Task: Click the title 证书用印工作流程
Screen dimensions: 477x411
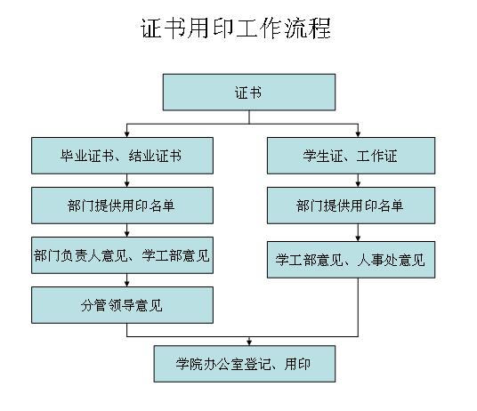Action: click(x=236, y=28)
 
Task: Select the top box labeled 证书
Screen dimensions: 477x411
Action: click(x=249, y=93)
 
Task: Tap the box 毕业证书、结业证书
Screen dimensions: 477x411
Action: click(x=122, y=156)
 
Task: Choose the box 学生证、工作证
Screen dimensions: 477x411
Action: click(x=351, y=156)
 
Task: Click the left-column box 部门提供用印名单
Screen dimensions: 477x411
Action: click(x=122, y=205)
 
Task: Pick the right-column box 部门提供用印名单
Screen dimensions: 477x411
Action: click(x=351, y=205)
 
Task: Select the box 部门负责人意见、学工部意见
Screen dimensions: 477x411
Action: click(x=122, y=255)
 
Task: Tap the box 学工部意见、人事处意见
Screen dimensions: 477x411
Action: click(x=351, y=260)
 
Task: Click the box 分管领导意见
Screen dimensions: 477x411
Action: click(x=122, y=305)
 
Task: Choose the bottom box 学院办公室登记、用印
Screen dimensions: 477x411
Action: click(x=245, y=364)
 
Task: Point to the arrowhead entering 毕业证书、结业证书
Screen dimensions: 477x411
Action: click(x=127, y=134)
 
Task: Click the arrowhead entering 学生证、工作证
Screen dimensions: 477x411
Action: click(x=358, y=134)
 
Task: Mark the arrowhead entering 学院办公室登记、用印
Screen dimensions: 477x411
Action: click(x=249, y=342)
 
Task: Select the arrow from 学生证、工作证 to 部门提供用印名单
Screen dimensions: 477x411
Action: click(x=358, y=181)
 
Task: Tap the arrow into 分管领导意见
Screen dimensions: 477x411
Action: click(x=127, y=280)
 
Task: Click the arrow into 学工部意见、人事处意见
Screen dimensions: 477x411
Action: click(x=358, y=232)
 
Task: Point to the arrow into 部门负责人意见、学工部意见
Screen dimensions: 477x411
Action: click(x=127, y=230)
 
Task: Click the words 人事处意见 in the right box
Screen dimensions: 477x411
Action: click(x=392, y=260)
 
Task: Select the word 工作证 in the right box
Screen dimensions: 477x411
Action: click(x=376, y=156)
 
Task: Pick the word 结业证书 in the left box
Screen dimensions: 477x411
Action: click(x=155, y=156)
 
